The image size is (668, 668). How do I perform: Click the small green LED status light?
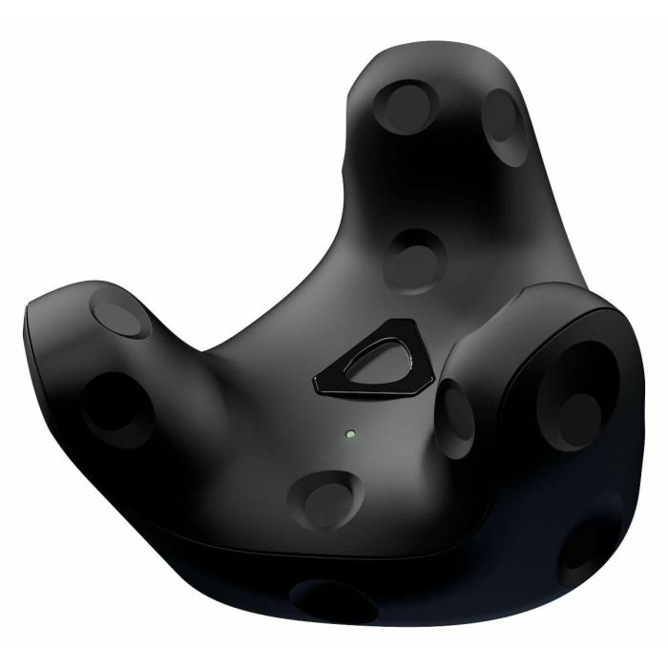pos(349,434)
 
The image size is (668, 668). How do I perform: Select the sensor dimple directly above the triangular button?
pos(412,257)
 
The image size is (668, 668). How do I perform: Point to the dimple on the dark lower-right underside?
pos(588,549)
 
